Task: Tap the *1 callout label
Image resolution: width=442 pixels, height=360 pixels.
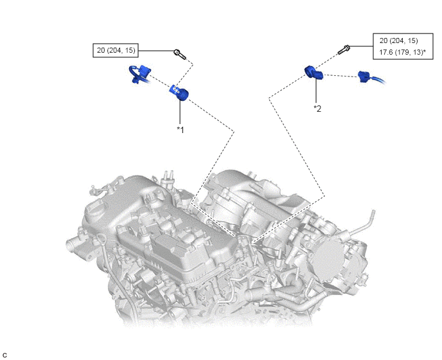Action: pos(180,130)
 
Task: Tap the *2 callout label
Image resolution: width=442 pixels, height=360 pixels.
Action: pos(317,109)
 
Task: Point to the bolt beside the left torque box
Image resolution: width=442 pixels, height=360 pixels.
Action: pos(180,54)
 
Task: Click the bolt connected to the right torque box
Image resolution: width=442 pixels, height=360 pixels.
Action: pos(344,50)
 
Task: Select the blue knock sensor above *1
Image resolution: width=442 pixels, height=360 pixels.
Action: pos(179,93)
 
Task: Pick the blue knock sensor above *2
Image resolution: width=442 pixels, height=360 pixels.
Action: pos(314,73)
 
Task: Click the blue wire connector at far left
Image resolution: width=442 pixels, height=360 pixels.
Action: pos(140,73)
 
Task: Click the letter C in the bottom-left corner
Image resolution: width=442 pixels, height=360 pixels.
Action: pos(4,355)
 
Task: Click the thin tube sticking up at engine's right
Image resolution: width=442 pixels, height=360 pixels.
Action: pos(363,223)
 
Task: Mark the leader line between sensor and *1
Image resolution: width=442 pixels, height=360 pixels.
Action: pos(180,113)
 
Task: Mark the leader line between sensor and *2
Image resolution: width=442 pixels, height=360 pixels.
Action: pos(316,91)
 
